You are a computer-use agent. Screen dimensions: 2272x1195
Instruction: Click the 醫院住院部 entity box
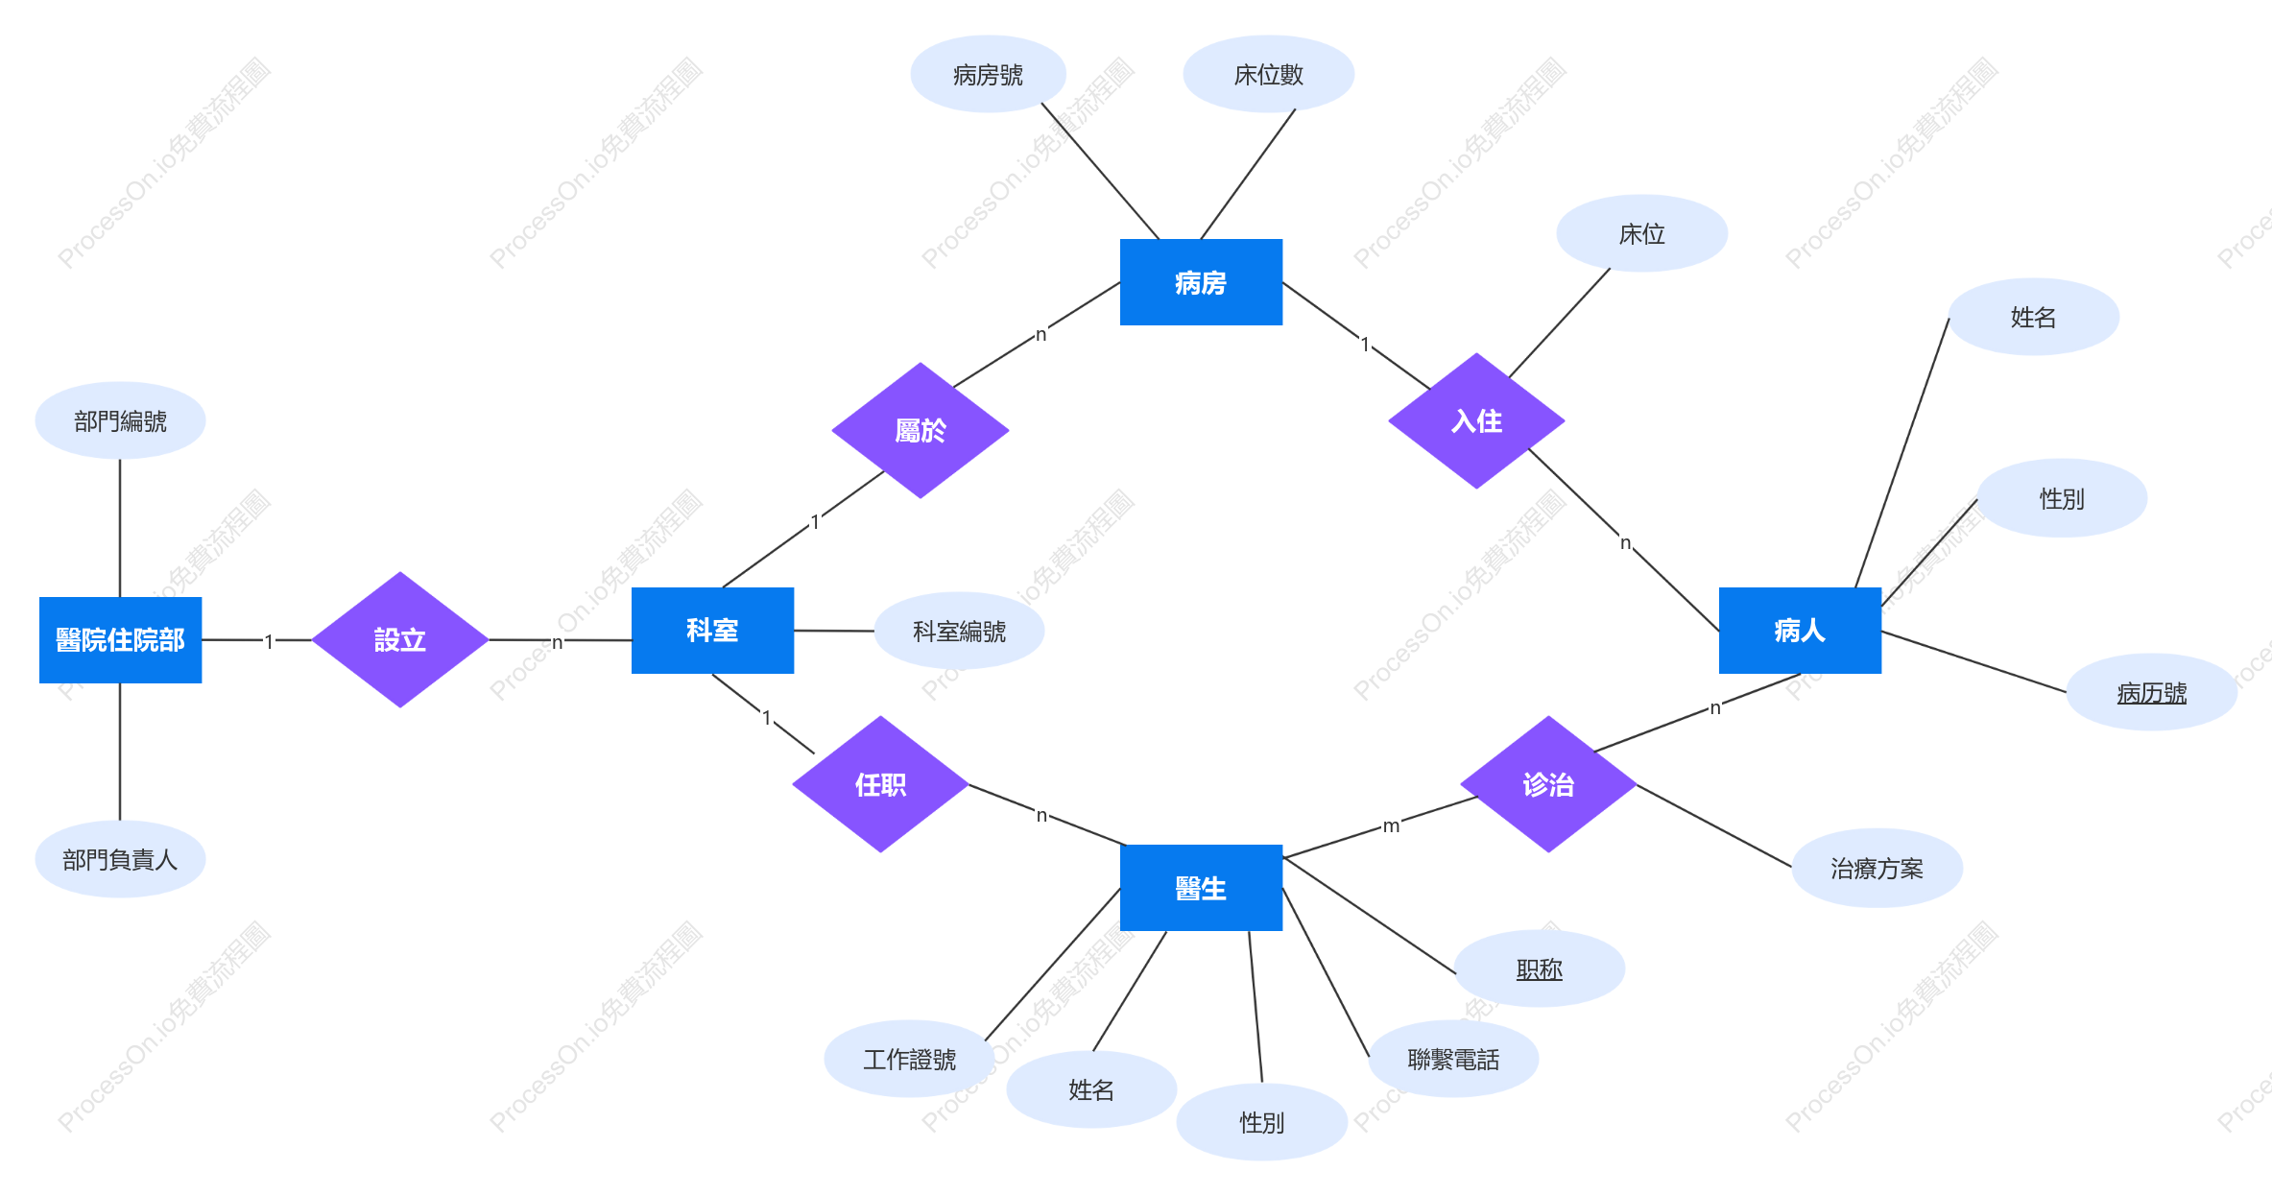pyautogui.click(x=120, y=639)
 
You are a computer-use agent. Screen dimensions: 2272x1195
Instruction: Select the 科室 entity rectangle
pyautogui.click(x=712, y=630)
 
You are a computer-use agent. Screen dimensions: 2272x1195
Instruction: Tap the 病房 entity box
pyautogui.click(x=1201, y=282)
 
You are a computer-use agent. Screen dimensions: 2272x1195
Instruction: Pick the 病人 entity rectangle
pyautogui.click(x=1800, y=630)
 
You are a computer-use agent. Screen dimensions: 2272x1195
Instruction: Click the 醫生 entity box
pyautogui.click(x=1201, y=888)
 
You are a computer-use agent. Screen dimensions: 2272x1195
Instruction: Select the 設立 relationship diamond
pyautogui.click(x=400, y=639)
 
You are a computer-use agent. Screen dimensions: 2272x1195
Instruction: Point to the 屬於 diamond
pyautogui.click(x=921, y=430)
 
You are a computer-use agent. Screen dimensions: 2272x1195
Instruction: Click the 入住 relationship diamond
pyautogui.click(x=1476, y=420)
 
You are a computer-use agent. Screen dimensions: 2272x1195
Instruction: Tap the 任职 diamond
pyautogui.click(x=880, y=784)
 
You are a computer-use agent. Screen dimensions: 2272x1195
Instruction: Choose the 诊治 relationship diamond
pyautogui.click(x=1548, y=784)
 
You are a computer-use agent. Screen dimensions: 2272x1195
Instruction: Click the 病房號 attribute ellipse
pyautogui.click(x=988, y=74)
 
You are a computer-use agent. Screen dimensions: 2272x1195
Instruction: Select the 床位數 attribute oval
pyautogui.click(x=1269, y=74)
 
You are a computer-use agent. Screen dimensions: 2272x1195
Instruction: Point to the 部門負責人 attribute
pyautogui.click(x=120, y=859)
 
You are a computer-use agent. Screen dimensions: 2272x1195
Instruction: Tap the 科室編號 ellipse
pyautogui.click(x=959, y=631)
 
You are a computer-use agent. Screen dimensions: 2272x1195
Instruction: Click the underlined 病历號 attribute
pyautogui.click(x=2152, y=692)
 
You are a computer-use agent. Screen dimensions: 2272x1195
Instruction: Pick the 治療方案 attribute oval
pyautogui.click(x=1877, y=868)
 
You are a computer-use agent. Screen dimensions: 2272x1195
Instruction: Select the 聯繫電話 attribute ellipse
pyautogui.click(x=1453, y=1059)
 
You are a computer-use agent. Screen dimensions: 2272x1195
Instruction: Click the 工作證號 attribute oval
pyautogui.click(x=909, y=1059)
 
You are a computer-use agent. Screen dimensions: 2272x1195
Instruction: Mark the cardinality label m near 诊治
pyautogui.click(x=1391, y=825)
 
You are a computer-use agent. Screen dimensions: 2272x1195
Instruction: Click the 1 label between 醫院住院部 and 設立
pyautogui.click(x=269, y=641)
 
